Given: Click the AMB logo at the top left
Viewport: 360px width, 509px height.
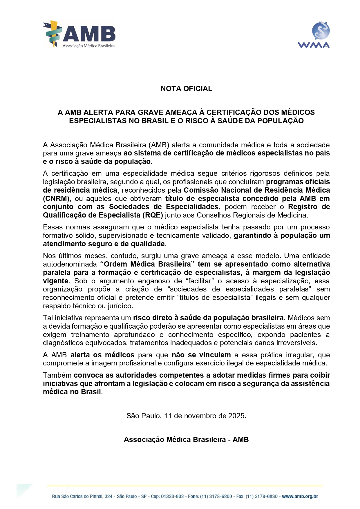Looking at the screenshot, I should [79, 34].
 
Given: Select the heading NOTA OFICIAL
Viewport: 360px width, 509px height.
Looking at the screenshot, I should [186, 89].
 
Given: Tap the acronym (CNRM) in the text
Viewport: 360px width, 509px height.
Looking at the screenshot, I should [56, 199].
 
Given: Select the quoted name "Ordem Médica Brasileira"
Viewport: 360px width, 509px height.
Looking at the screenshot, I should [147, 264].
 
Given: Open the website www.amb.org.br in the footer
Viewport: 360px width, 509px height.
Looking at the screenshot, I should [300, 496].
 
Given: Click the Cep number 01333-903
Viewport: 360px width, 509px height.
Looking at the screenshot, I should [172, 496].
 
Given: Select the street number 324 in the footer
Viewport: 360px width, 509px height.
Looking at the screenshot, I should [108, 496].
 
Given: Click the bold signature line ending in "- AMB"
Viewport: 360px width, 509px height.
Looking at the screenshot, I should [186, 440].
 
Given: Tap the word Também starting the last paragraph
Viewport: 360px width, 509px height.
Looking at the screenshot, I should [57, 375].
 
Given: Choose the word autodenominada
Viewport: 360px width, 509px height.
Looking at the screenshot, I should [70, 264].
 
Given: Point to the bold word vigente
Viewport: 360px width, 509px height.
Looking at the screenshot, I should [56, 281].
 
